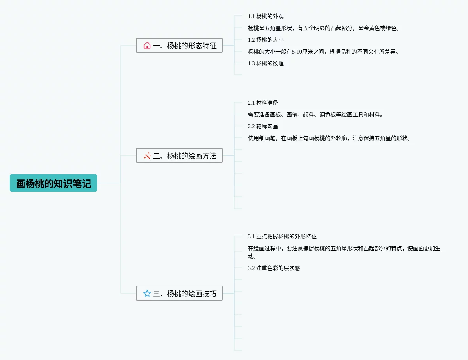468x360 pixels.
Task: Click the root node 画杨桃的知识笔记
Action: tap(53, 183)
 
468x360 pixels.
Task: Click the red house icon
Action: tap(147, 46)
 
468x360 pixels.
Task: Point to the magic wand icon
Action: tap(147, 156)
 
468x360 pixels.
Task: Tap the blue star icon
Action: tap(147, 294)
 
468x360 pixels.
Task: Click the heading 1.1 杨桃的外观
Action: tap(266, 17)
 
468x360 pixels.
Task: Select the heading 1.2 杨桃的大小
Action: tap(266, 40)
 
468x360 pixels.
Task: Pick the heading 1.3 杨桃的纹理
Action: tap(266, 63)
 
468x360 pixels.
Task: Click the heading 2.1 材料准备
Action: tap(263, 103)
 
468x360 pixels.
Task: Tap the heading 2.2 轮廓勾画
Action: tap(263, 126)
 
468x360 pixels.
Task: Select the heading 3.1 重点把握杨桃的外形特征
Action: tap(282, 237)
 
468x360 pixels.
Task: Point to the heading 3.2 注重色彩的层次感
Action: tap(274, 268)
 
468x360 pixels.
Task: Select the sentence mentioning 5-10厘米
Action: tap(323, 52)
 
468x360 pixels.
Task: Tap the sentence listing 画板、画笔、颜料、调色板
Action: tap(315, 115)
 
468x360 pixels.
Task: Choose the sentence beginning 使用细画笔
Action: tap(329, 138)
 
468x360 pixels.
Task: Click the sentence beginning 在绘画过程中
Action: tap(344, 249)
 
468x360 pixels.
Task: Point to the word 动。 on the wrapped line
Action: tap(252, 257)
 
